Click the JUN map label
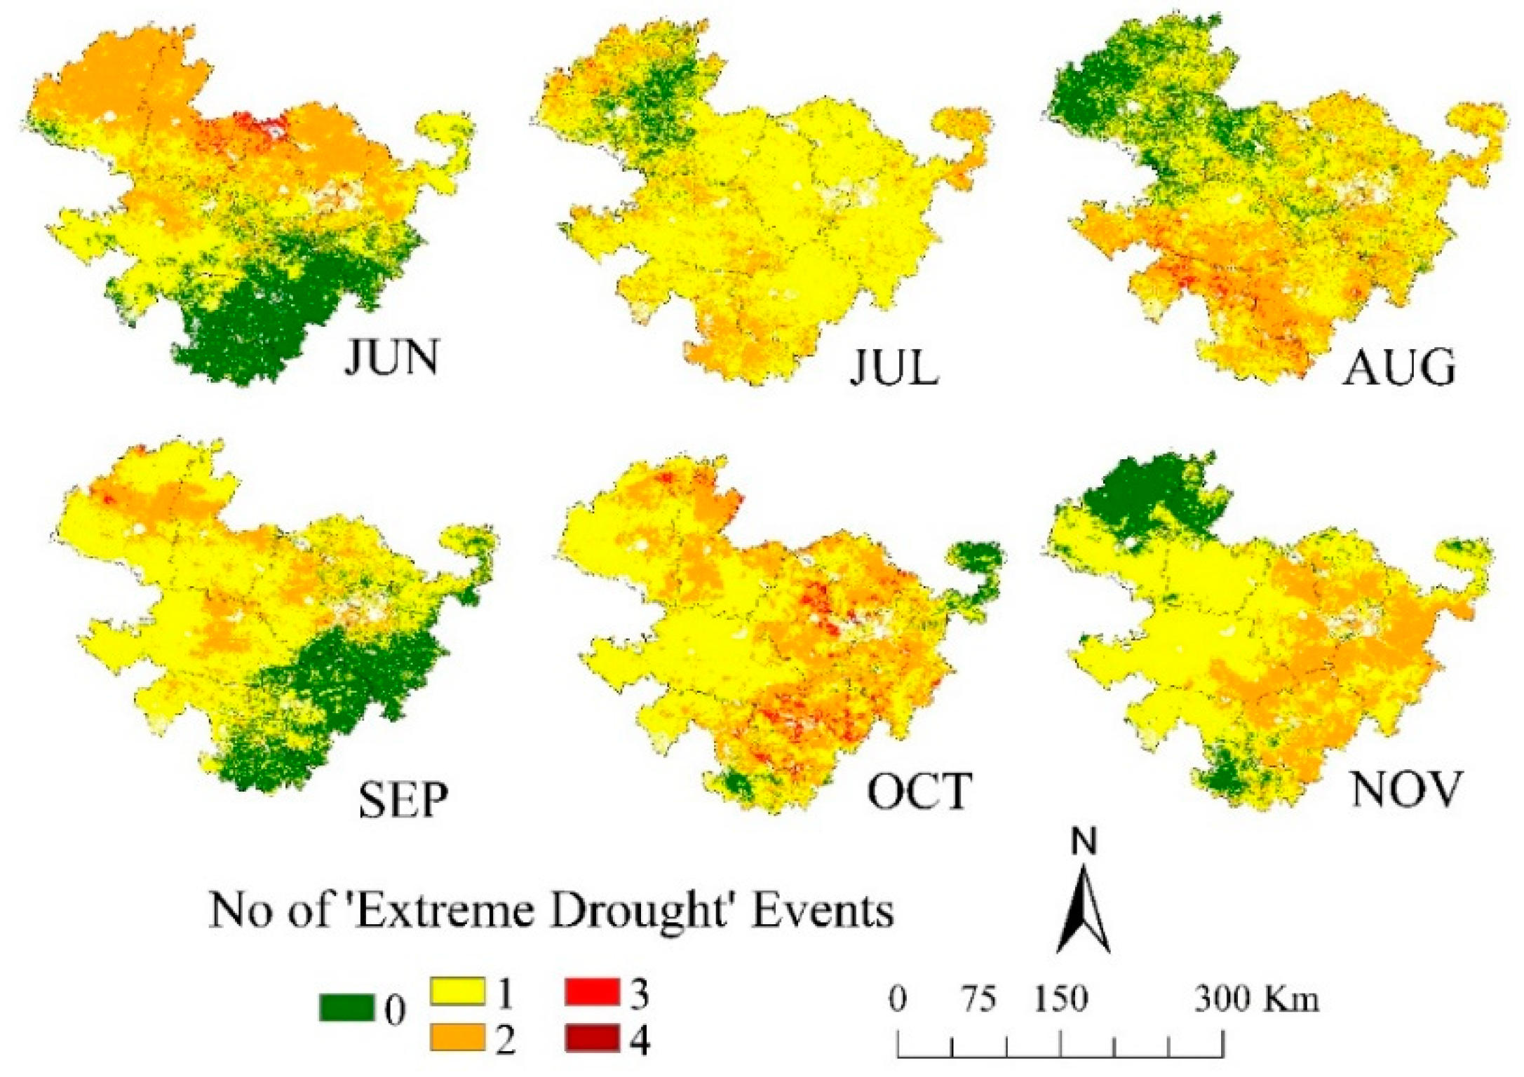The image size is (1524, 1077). click(x=391, y=357)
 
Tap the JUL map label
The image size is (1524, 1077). click(x=894, y=366)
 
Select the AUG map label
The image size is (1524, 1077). click(x=1398, y=367)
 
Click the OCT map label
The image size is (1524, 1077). click(x=919, y=791)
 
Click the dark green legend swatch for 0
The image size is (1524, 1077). click(x=346, y=1008)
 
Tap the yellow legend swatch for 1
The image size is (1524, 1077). click(x=457, y=991)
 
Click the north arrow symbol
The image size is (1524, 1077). click(x=1084, y=912)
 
